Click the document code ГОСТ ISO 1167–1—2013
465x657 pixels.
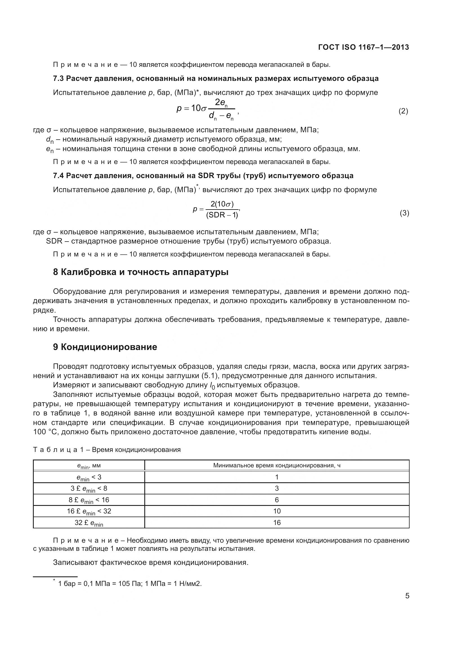[363, 47]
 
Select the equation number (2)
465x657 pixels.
[403, 111]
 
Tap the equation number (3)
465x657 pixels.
[404, 213]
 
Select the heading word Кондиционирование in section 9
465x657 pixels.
[109, 347]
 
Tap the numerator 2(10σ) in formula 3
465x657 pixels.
[222, 204]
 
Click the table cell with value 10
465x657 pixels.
[277, 511]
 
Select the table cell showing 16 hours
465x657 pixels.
[277, 522]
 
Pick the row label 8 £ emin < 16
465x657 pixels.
[89, 500]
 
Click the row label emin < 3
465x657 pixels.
[89, 477]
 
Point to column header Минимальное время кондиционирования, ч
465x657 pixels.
[277, 465]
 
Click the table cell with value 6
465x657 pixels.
[277, 500]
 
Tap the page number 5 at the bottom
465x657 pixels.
[407, 596]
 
